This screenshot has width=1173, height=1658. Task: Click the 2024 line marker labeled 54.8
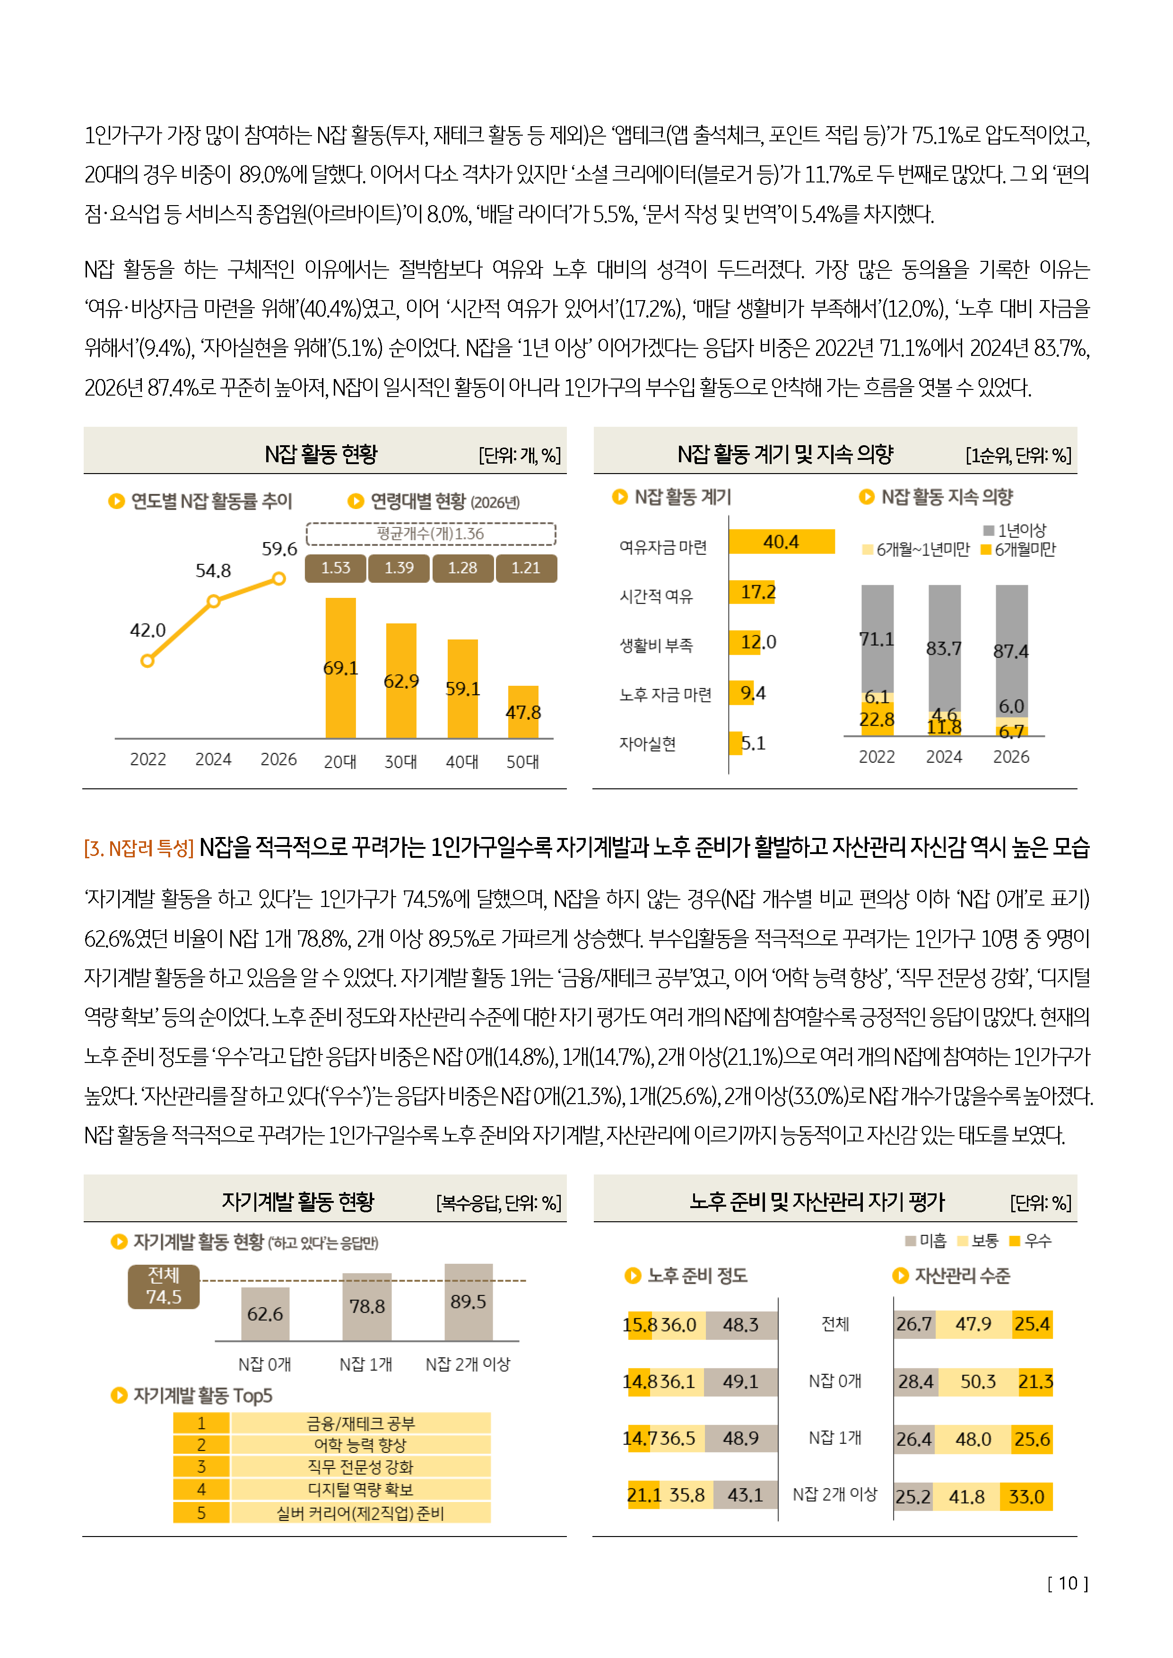pyautogui.click(x=213, y=601)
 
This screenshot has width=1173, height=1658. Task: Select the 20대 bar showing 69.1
pyautogui.click(x=340, y=668)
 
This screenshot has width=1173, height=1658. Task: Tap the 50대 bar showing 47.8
pyautogui.click(x=523, y=712)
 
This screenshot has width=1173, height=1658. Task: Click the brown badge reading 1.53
pyautogui.click(x=335, y=568)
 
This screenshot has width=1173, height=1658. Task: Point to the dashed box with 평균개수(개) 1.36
pyautogui.click(x=431, y=534)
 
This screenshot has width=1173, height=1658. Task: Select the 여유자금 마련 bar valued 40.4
pyautogui.click(x=782, y=542)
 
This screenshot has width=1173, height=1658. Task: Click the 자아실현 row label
pyautogui.click(x=647, y=744)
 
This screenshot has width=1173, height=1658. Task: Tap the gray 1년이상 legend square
pyautogui.click(x=988, y=530)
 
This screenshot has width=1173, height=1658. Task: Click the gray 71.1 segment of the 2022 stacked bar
pyautogui.click(x=877, y=639)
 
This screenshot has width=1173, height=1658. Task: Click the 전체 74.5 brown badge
pyautogui.click(x=164, y=1286)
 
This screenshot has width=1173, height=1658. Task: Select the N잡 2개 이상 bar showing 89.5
pyautogui.click(x=468, y=1302)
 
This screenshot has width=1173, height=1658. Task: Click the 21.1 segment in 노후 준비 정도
pyautogui.click(x=643, y=1495)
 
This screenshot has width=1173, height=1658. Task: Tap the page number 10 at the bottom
pyautogui.click(x=1068, y=1584)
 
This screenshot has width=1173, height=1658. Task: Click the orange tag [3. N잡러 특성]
pyautogui.click(x=139, y=848)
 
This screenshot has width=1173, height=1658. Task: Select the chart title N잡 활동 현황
pyautogui.click(x=321, y=454)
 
